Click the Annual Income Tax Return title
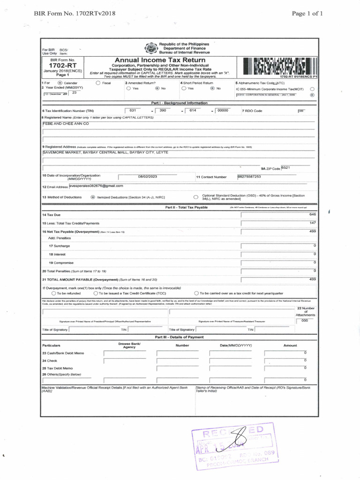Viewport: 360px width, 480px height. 160,60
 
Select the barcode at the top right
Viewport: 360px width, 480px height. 278,67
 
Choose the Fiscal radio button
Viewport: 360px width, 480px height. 98,82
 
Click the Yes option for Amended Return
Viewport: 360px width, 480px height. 128,88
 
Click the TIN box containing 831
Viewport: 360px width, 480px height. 133,110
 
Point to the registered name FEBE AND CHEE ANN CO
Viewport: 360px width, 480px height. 66,124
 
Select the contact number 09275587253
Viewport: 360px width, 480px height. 250,176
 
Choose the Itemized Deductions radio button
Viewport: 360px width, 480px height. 93,197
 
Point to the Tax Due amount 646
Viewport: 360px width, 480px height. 313,214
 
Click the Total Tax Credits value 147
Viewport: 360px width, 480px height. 313,223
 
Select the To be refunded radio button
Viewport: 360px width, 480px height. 53,293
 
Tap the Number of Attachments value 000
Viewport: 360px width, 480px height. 305,320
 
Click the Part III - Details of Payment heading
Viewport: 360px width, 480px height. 179,337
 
